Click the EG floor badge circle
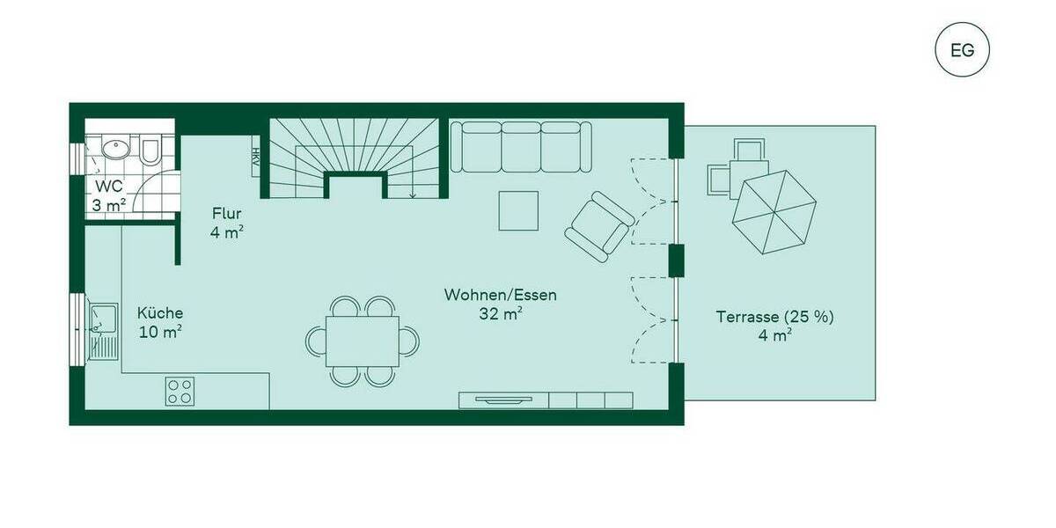(x=962, y=49)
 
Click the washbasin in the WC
(x=114, y=149)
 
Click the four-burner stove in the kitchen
(x=180, y=391)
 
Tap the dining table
(x=362, y=341)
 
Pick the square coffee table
(x=518, y=210)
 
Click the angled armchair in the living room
(x=598, y=226)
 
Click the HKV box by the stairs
(x=255, y=158)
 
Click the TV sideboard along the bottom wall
(x=546, y=400)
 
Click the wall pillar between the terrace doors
(x=676, y=260)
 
